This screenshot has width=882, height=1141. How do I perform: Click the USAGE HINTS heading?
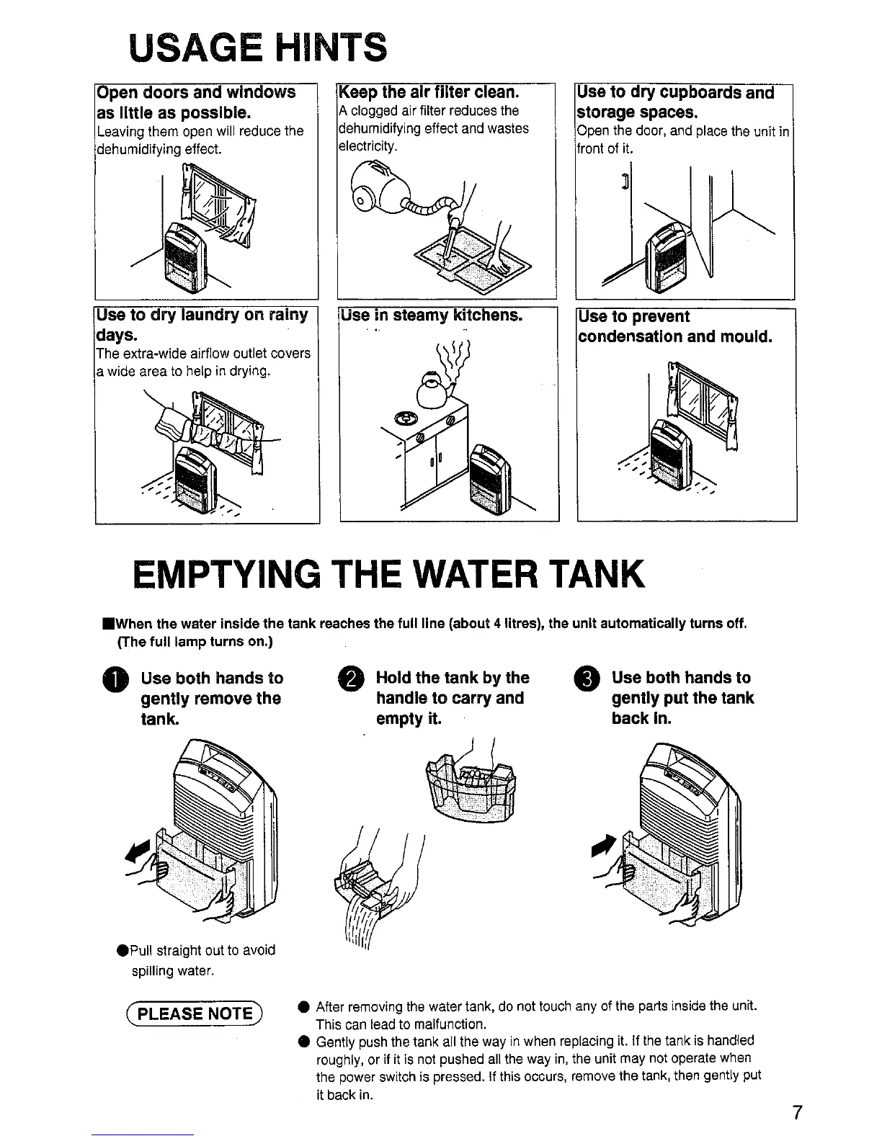pyautogui.click(x=258, y=48)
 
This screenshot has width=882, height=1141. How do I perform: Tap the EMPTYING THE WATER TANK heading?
pyautogui.click(x=388, y=574)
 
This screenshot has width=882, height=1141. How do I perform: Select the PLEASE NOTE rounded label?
pyautogui.click(x=195, y=1014)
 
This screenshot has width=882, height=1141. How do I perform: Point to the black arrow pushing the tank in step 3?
pyautogui.click(x=604, y=846)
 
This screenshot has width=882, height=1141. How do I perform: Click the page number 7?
pyautogui.click(x=798, y=1112)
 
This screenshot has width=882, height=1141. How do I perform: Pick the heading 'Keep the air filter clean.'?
pyautogui.click(x=429, y=92)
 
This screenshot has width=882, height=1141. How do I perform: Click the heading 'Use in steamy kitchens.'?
pyautogui.click(x=432, y=315)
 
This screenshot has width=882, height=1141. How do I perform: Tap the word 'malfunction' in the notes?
pyautogui.click(x=450, y=1024)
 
